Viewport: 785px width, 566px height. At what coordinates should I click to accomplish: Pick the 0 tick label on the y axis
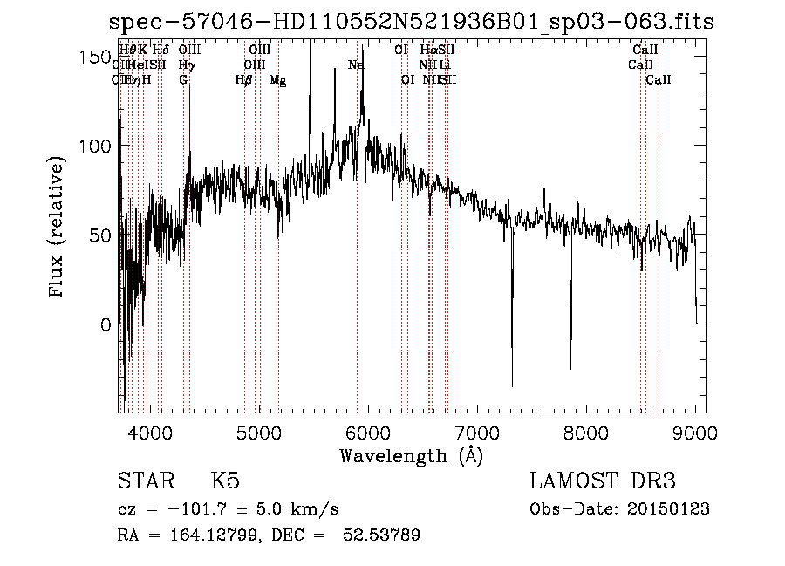pos(106,324)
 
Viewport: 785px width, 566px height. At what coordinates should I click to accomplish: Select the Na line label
pos(356,65)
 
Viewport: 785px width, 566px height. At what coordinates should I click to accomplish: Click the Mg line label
pos(277,80)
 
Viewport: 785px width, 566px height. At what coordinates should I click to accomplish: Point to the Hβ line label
pos(244,80)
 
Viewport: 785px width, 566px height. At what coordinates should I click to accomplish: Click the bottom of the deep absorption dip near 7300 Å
pos(512,385)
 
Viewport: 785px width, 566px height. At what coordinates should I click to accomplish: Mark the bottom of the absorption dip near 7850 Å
pos(570,367)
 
